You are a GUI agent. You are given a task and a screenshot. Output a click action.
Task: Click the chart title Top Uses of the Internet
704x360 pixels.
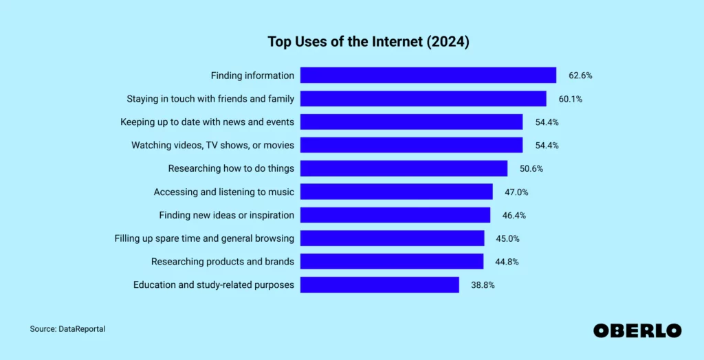(x=368, y=42)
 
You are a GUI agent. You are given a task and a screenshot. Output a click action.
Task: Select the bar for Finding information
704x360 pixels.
(x=428, y=76)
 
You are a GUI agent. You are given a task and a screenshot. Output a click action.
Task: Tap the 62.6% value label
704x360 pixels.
(x=580, y=76)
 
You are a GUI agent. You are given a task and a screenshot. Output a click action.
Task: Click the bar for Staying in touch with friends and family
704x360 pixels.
(x=423, y=99)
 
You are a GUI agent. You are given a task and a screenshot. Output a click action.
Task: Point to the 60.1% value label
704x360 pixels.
(x=570, y=99)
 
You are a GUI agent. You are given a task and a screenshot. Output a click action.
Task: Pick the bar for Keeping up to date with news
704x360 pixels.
(x=411, y=122)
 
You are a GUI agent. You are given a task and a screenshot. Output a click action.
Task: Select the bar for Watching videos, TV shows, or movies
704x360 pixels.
(x=411, y=146)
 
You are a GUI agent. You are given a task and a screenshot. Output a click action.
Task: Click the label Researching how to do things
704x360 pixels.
(x=231, y=168)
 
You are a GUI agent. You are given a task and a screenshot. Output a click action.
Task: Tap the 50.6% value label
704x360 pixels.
(x=531, y=168)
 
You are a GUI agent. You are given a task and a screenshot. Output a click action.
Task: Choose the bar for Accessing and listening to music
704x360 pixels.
(x=396, y=192)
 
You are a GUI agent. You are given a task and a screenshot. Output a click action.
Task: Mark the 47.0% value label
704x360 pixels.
(x=516, y=192)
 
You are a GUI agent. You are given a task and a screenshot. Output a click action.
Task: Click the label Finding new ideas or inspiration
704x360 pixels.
(x=226, y=215)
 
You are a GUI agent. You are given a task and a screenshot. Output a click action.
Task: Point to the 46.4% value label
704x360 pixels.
(x=514, y=215)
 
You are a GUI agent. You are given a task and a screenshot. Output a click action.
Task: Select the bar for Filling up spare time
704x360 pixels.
(x=392, y=238)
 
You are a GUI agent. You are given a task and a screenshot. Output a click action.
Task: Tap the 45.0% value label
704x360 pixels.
(x=507, y=238)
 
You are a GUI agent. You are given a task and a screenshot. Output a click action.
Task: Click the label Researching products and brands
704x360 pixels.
(x=223, y=261)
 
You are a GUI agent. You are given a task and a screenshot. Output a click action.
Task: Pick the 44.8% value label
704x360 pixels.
(x=507, y=261)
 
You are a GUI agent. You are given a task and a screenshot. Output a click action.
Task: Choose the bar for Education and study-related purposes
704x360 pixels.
(x=379, y=284)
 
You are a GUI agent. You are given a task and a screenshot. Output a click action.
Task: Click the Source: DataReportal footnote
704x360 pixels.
(x=67, y=329)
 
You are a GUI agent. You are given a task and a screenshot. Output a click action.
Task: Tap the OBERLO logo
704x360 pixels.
(x=637, y=330)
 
